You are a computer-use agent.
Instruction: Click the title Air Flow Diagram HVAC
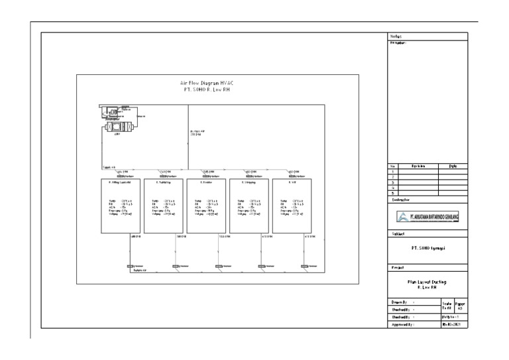pos(207,83)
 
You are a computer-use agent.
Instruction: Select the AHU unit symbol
pos(117,125)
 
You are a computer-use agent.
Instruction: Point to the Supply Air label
pos(109,168)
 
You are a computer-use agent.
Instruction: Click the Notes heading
pos(395,36)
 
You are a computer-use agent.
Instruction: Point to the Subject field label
pos(396,234)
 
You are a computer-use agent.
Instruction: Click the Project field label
pos(396,268)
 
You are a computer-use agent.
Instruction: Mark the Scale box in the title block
pos(447,306)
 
